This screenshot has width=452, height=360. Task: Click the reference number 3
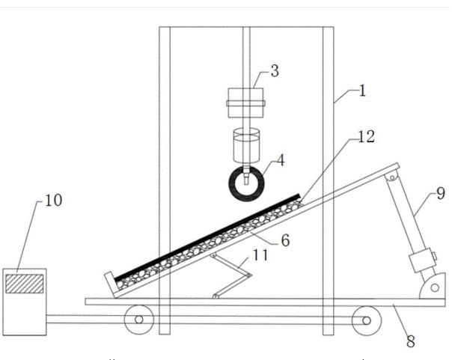point(275,71)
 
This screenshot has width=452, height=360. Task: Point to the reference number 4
point(281,160)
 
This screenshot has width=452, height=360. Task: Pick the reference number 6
point(284,241)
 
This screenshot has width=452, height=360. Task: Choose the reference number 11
point(260,255)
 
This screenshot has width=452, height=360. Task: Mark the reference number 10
point(55,201)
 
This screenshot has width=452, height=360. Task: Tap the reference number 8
point(410,341)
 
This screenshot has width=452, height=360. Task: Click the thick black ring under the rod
point(245,185)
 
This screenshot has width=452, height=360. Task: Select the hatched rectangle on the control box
point(24,284)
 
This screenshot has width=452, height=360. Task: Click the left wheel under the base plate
point(139,320)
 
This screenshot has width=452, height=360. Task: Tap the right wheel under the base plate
point(366,320)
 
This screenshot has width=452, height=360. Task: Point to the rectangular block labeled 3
point(245,103)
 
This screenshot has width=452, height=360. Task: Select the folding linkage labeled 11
point(233,275)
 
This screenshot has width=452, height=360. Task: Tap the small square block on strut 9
point(421,262)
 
